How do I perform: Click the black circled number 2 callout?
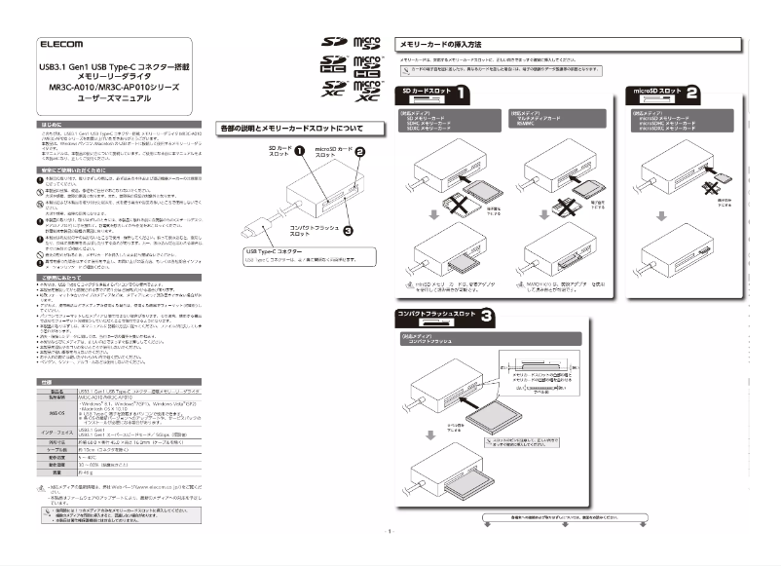click(x=358, y=152)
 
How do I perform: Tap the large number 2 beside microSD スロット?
click(x=691, y=94)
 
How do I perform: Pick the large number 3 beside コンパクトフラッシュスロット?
click(x=486, y=317)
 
